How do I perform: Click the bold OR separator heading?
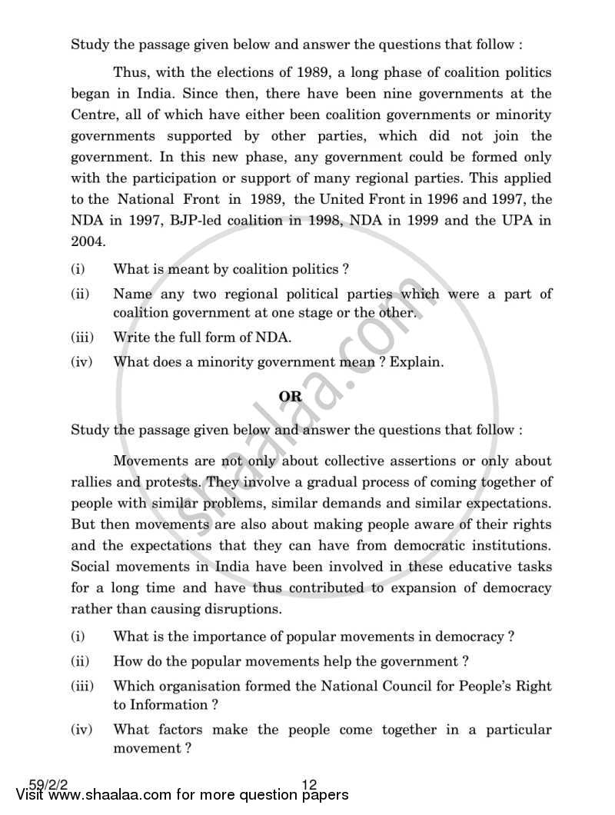(290, 397)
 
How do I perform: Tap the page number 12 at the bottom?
(310, 785)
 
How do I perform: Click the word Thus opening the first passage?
(129, 74)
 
